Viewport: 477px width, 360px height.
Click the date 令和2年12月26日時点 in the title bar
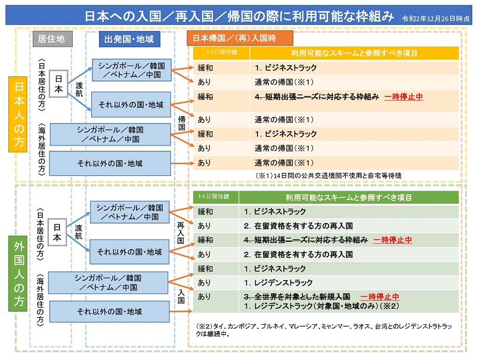click(x=436, y=18)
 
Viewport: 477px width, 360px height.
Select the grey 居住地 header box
click(x=52, y=39)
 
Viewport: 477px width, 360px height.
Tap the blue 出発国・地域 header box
click(x=129, y=39)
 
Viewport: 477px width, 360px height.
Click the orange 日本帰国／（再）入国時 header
click(x=240, y=38)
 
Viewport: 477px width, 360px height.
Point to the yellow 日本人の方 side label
click(x=18, y=114)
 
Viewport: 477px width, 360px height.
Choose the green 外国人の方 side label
click(x=18, y=274)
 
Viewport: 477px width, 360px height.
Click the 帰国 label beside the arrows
click(x=182, y=123)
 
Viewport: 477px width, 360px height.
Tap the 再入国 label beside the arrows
click(x=181, y=232)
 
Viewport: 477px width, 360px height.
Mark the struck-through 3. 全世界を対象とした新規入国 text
click(x=297, y=296)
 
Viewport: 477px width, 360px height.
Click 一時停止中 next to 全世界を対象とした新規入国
click(x=380, y=297)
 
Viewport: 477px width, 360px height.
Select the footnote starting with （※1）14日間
click(x=329, y=175)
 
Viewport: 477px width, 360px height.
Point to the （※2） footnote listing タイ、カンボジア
click(x=324, y=330)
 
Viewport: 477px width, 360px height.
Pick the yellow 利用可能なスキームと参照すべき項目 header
click(x=354, y=53)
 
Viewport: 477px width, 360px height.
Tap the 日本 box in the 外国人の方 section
click(x=57, y=232)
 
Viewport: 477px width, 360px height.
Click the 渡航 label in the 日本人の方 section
click(x=79, y=89)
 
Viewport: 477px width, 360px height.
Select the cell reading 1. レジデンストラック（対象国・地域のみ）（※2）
click(x=321, y=306)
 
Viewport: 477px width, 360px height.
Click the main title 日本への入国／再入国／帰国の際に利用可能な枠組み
click(x=239, y=16)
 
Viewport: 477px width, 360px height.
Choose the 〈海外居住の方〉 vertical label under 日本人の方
click(x=42, y=149)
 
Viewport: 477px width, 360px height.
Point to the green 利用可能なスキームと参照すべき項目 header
click(x=349, y=197)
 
